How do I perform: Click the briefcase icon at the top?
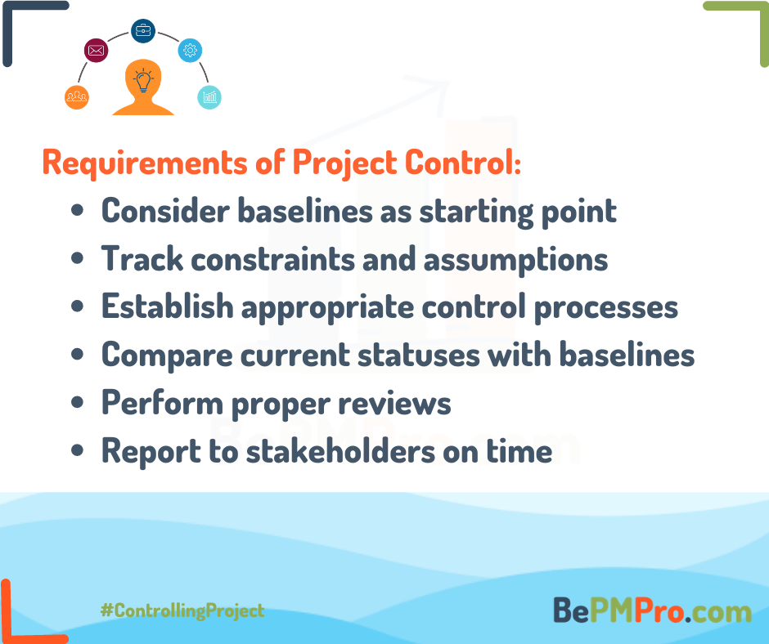(x=143, y=31)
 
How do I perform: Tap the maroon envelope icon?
(x=97, y=50)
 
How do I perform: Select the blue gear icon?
(x=191, y=50)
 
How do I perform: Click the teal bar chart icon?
(x=209, y=97)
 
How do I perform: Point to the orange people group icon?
(x=77, y=97)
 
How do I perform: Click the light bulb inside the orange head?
(x=143, y=81)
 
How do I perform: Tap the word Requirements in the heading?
(x=145, y=163)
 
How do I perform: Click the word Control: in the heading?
(x=463, y=162)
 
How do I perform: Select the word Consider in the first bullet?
(x=165, y=211)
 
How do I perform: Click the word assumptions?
(x=515, y=260)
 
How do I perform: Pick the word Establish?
(x=167, y=306)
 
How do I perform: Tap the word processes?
(x=605, y=309)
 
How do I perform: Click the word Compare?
(x=167, y=356)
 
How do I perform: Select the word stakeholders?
(x=340, y=451)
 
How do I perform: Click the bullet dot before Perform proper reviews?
(x=77, y=402)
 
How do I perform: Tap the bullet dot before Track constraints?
(x=77, y=258)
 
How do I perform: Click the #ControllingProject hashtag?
(x=182, y=611)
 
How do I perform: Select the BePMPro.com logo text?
(x=652, y=610)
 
